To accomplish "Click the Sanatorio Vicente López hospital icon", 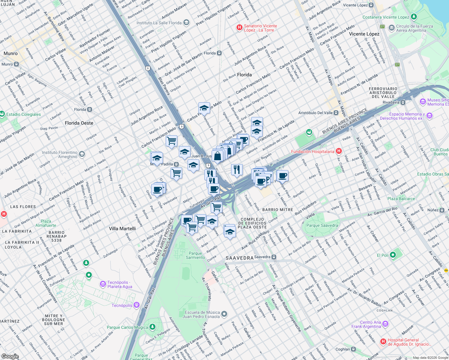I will (x=239, y=28).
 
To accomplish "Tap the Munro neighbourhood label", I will (x=11, y=53).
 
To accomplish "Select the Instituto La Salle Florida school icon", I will (x=186, y=23).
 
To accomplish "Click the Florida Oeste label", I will (x=79, y=123).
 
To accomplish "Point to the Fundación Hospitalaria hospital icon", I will (x=339, y=151).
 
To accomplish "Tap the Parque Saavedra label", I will (x=322, y=225).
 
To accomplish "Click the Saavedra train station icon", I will (x=274, y=257).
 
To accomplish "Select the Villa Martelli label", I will (x=122, y=229).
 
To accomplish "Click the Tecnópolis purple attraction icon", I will (x=137, y=305).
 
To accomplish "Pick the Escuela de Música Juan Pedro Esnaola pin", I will (x=224, y=314).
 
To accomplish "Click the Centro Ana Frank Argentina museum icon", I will (x=385, y=324).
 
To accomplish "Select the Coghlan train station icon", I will (x=354, y=349).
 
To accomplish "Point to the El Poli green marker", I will (x=393, y=255).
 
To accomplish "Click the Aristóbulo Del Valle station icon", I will (x=336, y=113).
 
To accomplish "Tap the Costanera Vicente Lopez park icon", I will (x=414, y=17).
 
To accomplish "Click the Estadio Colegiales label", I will (x=23, y=114).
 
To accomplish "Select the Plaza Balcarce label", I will (x=401, y=199).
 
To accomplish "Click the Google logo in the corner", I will (x=10, y=356).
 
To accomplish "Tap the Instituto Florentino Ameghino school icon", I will (x=82, y=154).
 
